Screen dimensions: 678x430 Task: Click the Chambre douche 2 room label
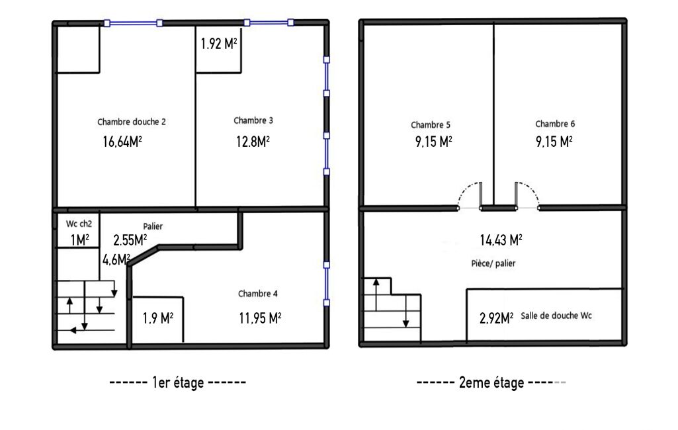coord(132,122)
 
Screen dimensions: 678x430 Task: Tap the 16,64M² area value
coord(122,142)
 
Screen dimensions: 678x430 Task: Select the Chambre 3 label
coord(253,120)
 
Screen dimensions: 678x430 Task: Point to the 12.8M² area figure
coord(253,142)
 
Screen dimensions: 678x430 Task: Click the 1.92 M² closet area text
coord(219,44)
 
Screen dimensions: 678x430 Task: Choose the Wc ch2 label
coord(79,224)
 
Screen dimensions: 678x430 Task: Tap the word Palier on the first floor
coord(153,226)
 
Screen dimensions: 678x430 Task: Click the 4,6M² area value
coord(116,259)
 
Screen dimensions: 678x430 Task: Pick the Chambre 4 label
coord(258,294)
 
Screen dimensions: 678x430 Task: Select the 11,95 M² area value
coord(261,318)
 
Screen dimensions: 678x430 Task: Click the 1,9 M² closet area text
coord(158,318)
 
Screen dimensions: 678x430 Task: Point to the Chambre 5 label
coord(431,125)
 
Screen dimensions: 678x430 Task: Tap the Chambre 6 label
coord(555,124)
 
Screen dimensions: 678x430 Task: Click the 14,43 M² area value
coord(501,240)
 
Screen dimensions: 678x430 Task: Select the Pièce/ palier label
coord(493,263)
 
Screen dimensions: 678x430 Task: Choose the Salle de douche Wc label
coord(556,316)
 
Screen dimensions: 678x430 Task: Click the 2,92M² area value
coord(497,318)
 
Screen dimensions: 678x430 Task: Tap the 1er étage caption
coord(178,383)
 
